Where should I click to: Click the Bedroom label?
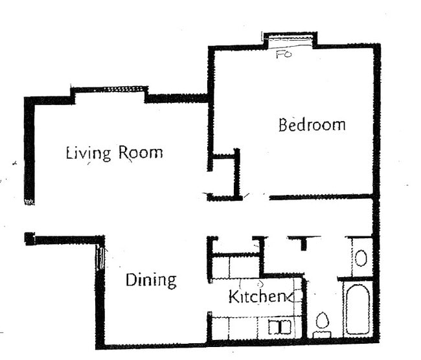[x=312, y=124]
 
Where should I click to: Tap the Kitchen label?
[x=257, y=297]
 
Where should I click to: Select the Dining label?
[x=150, y=280]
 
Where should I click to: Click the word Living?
[x=89, y=153]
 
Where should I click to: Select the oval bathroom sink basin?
[x=361, y=258]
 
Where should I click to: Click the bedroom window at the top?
[x=290, y=39]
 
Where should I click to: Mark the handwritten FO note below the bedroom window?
[x=284, y=54]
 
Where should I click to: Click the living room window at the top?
[x=109, y=89]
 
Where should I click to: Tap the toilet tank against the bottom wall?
[x=322, y=335]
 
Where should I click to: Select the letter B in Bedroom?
[x=284, y=124]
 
